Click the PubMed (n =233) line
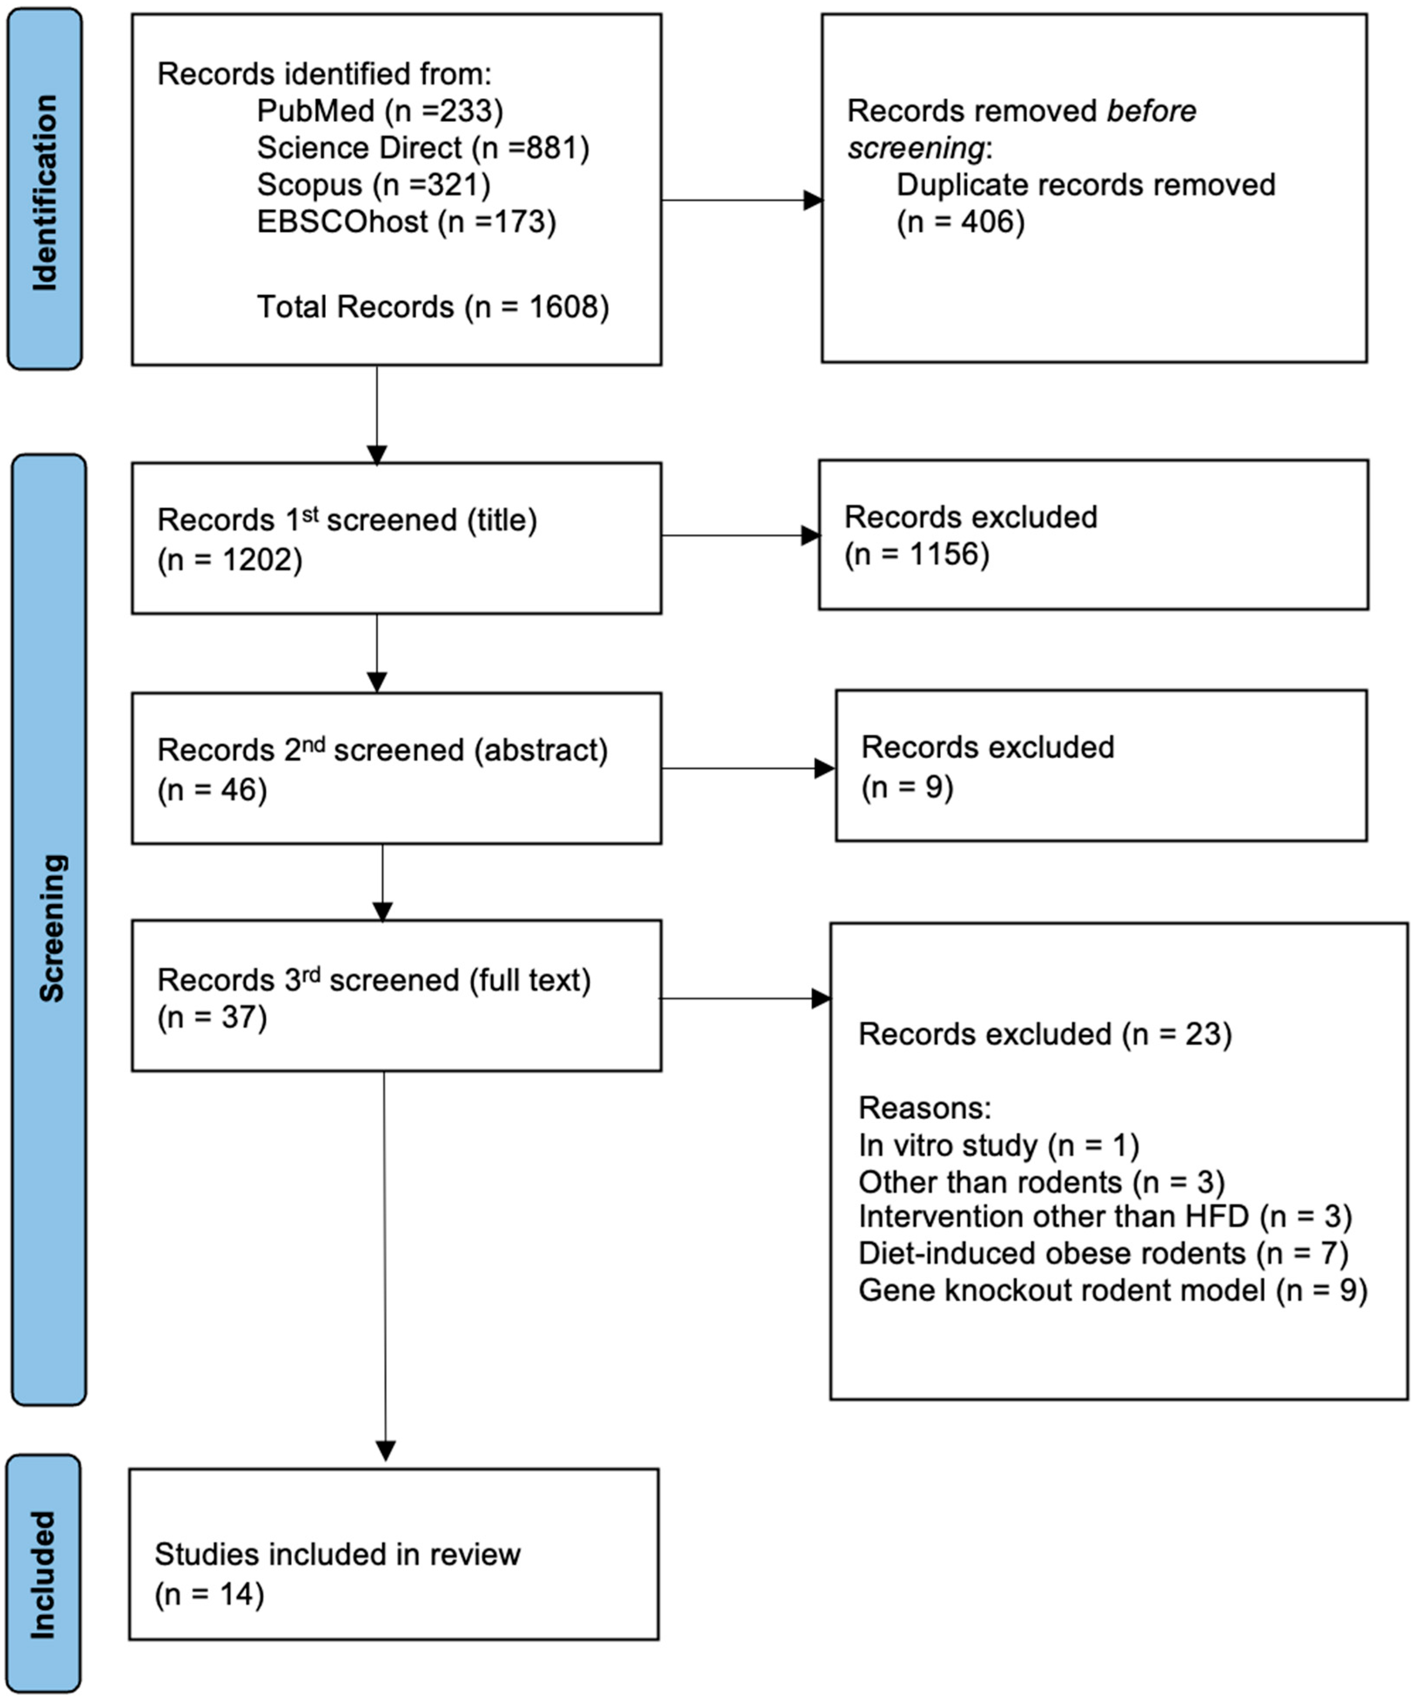[379, 111]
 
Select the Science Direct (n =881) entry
[422, 148]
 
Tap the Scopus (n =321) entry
[373, 185]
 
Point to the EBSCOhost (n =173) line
[406, 222]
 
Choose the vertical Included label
[43, 1575]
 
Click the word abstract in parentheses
[540, 750]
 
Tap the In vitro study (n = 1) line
[998, 1146]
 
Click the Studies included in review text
[338, 1554]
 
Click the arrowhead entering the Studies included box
[386, 1451]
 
